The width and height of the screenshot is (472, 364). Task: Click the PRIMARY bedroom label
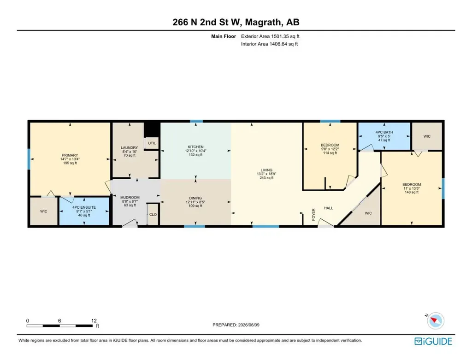70,155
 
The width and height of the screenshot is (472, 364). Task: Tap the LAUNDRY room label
130,148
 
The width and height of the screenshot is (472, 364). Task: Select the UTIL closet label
152,143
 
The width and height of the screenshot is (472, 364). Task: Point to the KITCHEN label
195,147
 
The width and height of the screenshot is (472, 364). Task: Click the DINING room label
195,198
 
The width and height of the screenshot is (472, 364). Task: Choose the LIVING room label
266,170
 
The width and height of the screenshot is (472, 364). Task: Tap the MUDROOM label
130,197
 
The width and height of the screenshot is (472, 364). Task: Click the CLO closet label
153,215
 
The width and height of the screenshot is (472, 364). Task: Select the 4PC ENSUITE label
84,207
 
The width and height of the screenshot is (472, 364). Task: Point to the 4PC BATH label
384,132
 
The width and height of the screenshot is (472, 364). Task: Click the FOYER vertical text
313,215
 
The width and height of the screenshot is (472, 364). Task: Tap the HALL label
328,208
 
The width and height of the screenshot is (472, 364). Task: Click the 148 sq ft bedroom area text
412,192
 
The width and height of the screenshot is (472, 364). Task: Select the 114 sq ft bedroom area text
330,153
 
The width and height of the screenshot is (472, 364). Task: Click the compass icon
435,321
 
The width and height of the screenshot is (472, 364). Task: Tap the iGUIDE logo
433,341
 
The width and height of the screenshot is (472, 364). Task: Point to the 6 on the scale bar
59,321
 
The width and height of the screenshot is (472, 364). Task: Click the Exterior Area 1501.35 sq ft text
270,36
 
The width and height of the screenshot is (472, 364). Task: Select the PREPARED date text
236,325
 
